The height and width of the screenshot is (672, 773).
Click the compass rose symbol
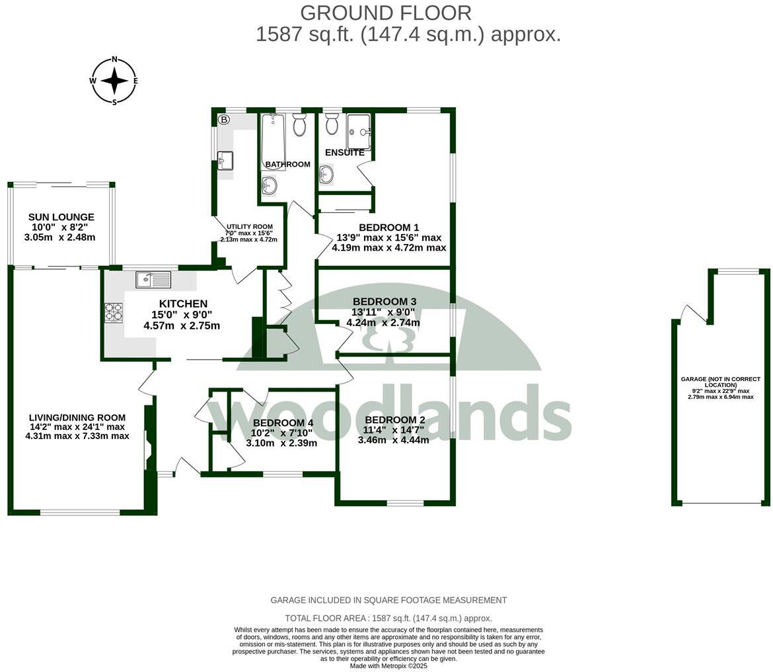click(114, 81)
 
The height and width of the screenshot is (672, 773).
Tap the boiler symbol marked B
click(224, 120)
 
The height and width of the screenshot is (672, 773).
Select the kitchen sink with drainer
click(153, 280)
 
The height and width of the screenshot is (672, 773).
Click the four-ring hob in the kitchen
click(114, 312)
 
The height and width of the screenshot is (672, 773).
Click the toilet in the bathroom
click(300, 124)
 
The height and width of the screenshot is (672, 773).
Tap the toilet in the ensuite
click(332, 124)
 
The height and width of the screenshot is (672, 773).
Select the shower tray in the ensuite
click(359, 132)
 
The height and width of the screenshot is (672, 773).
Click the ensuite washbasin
click(325, 175)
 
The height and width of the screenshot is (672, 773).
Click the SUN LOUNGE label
click(61, 217)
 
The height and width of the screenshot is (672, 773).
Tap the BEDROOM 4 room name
click(283, 423)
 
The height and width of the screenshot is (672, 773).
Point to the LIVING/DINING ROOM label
click(77, 417)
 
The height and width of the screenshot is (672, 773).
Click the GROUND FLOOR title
click(386, 13)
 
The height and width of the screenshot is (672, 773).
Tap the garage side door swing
click(694, 313)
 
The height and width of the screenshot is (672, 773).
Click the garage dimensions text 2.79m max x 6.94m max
click(720, 397)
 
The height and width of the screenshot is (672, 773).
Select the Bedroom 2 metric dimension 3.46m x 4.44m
click(393, 440)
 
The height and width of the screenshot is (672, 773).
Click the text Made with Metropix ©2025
click(388, 666)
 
